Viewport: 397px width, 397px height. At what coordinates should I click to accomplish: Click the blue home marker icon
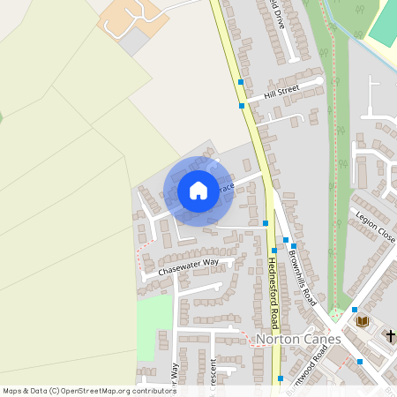[198, 191]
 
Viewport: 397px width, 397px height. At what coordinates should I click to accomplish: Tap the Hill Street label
[281, 91]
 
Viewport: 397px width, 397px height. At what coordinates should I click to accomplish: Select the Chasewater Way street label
[188, 266]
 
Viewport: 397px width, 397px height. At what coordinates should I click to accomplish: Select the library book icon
[361, 321]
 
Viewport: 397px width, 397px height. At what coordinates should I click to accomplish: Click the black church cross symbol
[391, 335]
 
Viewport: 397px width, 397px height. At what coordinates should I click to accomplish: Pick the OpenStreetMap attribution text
[88, 390]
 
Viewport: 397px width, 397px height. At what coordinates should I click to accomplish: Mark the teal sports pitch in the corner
[383, 22]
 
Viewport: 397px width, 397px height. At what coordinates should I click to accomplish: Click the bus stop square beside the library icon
[354, 310]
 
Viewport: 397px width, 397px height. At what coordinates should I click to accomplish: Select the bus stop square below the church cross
[360, 361]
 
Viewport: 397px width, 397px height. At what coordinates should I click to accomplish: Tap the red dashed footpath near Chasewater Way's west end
[138, 256]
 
